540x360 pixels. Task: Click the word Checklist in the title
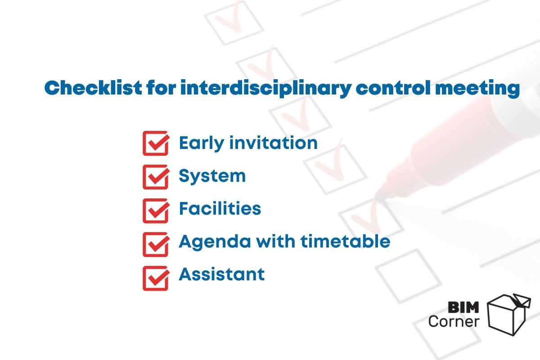coord(93,87)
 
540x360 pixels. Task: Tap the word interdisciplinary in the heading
coord(265,88)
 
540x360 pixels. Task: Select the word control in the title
coord(393,87)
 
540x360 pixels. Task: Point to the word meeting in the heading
coord(477,89)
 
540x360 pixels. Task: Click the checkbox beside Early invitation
coord(156,143)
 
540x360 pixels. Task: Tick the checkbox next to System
coord(156,177)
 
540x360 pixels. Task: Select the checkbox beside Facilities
coord(156,211)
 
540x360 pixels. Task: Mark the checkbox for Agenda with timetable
coord(156,244)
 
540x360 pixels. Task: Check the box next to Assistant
coord(156,278)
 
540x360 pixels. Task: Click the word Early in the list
coord(202,144)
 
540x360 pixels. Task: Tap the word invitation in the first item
coord(274,143)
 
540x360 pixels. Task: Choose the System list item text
coord(212,176)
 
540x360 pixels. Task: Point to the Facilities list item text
coord(220,208)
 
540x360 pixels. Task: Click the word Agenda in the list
coord(215,242)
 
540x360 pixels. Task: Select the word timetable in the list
coord(345,241)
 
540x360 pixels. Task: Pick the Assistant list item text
coord(221,274)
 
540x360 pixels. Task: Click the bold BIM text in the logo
coord(463,307)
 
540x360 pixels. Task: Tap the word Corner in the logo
coord(454,321)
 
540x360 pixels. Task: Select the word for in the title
coord(161,87)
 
